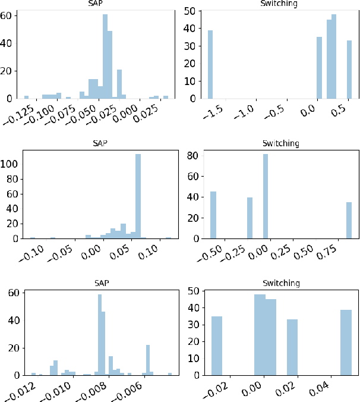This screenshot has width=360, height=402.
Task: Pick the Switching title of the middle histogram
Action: click(x=280, y=143)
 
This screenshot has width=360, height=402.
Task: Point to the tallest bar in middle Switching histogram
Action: click(x=265, y=196)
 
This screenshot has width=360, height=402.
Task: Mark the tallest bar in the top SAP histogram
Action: click(x=105, y=56)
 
